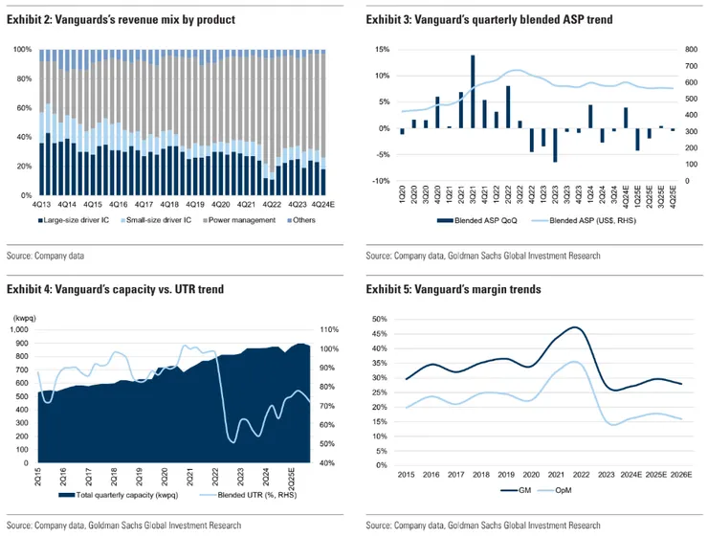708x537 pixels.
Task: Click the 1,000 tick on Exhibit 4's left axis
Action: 20,330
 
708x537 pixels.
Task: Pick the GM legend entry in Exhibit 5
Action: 516,488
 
